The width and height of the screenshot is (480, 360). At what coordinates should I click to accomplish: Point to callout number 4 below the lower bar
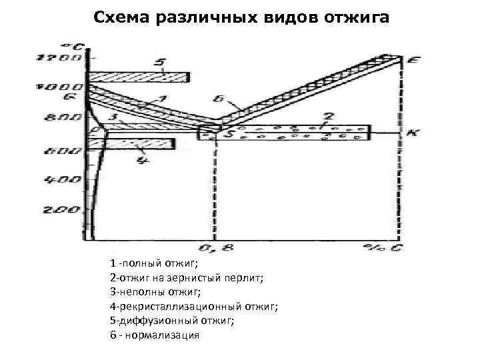pos(140,159)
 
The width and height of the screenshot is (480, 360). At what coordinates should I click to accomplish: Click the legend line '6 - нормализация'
pos(155,335)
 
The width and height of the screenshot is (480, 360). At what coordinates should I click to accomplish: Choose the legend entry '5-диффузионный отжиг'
pos(171,320)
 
